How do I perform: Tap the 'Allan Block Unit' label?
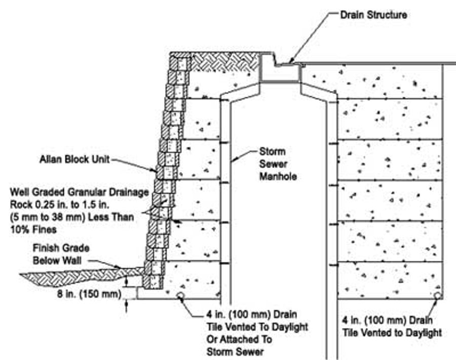point(74,161)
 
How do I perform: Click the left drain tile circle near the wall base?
point(180,295)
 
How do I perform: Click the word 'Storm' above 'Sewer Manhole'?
point(272,151)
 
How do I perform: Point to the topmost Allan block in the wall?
point(180,63)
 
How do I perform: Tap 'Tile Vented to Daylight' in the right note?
point(392,333)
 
